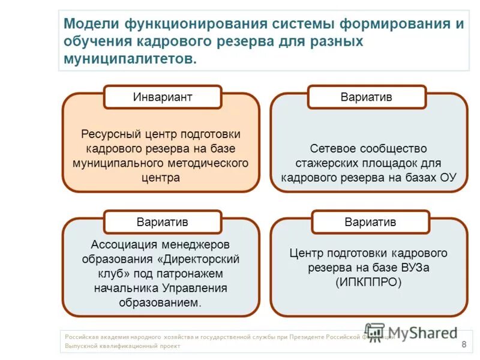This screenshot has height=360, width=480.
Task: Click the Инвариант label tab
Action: pos(163,97)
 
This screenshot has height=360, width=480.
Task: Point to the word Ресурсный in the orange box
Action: pos(106,134)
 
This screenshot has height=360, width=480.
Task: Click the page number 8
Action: pos(463,344)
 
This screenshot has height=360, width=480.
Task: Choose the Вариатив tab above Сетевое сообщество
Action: pos(366,97)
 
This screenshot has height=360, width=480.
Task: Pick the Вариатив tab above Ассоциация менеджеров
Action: pos(162,222)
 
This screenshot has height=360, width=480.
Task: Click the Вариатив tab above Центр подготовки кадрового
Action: pos(370,222)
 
